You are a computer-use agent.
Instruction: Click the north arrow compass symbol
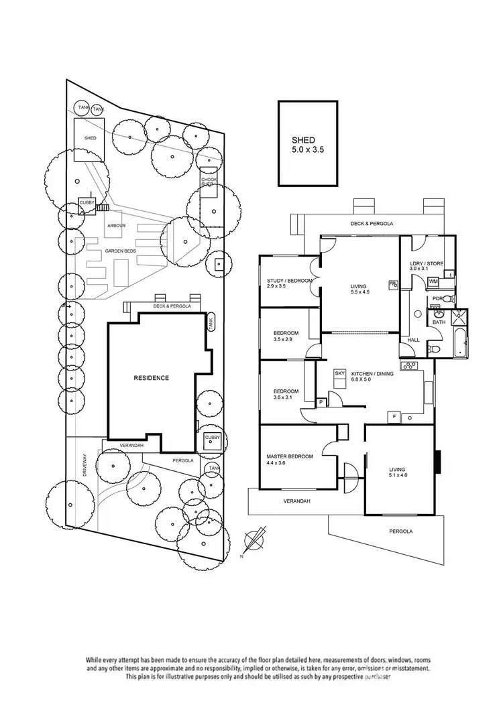255,540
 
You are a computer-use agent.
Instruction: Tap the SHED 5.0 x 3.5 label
308,145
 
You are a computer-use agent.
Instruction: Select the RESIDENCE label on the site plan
151,378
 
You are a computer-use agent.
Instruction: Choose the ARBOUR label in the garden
116,226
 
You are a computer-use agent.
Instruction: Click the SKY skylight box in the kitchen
339,373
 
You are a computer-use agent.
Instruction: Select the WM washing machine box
433,281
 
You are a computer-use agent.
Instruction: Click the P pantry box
322,402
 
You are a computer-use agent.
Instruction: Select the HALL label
413,340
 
